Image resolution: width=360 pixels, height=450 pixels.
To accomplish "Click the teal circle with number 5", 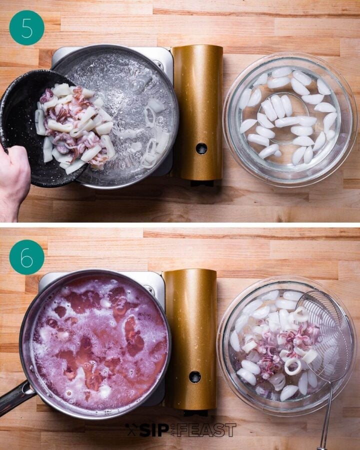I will [26, 27].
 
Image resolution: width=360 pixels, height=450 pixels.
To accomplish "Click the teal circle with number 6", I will [26, 257].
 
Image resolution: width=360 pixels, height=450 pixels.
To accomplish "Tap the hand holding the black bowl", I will [13, 180].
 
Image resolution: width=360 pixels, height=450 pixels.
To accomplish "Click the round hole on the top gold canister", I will [201, 148].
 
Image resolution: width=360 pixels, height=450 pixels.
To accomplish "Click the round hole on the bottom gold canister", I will [195, 376].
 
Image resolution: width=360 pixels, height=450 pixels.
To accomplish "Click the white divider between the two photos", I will [180, 225].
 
